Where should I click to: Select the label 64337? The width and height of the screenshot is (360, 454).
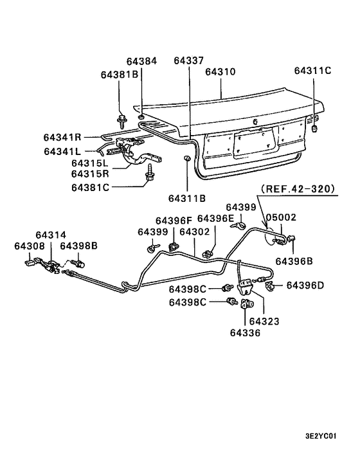(x=189, y=61)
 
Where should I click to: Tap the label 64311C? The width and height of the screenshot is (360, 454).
(x=312, y=71)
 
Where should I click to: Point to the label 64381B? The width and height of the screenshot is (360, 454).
(x=120, y=75)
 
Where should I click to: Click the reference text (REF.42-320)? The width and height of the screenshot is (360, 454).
(x=298, y=190)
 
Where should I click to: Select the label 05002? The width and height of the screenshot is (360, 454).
(x=282, y=218)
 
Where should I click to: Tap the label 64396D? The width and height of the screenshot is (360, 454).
(x=305, y=285)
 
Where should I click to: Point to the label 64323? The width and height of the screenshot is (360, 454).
(x=264, y=320)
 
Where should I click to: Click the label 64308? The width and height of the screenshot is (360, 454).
(x=30, y=246)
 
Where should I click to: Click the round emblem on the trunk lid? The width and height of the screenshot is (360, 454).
(x=255, y=122)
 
